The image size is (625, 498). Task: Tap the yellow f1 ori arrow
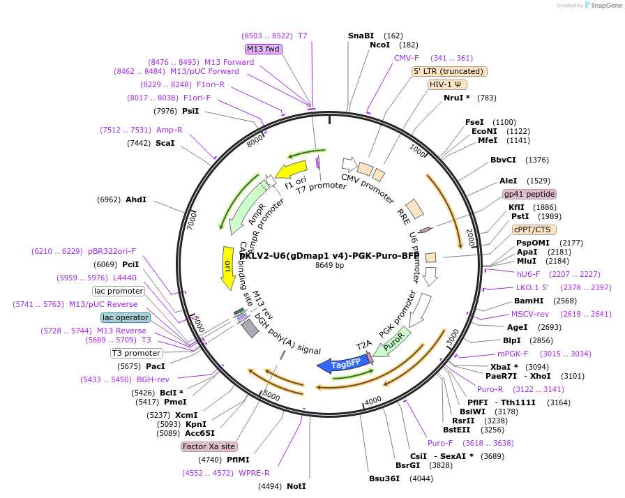point(292,170)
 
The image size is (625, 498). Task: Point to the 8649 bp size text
point(330,266)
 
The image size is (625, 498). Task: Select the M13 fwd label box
point(263,49)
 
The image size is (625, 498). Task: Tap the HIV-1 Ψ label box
point(447,84)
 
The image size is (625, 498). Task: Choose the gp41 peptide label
point(529,194)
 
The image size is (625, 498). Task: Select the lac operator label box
point(125,317)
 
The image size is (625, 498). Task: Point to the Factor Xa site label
point(209,446)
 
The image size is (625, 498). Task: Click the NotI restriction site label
point(296,486)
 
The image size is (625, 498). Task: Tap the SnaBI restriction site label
point(361,36)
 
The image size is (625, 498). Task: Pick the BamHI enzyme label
point(529,301)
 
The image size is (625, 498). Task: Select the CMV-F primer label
point(407,58)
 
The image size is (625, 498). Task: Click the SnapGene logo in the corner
point(601,6)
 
